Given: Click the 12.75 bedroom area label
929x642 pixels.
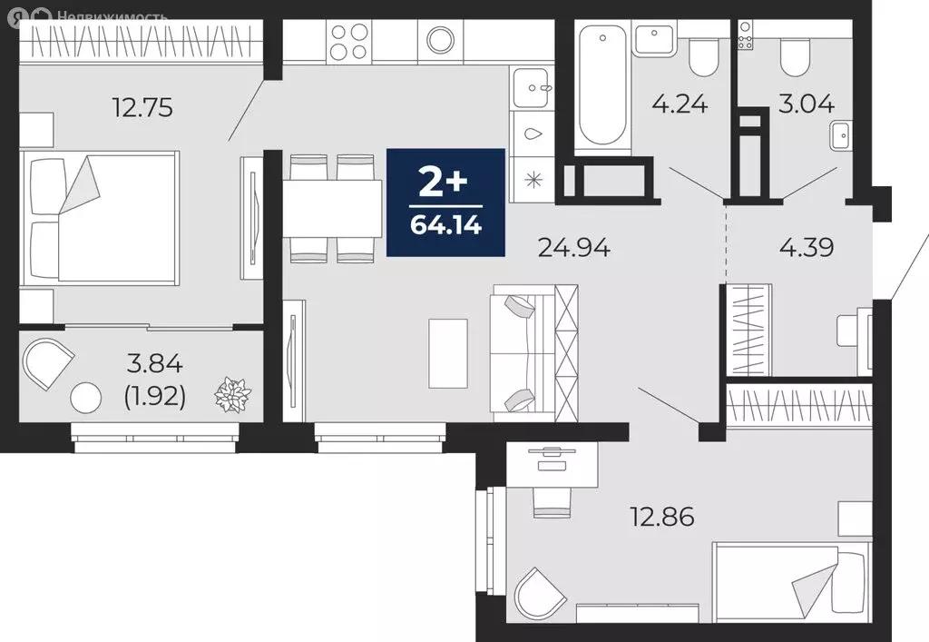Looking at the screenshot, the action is click(142, 108).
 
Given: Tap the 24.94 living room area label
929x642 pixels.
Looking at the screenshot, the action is click(573, 247).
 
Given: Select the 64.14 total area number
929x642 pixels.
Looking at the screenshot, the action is click(445, 225).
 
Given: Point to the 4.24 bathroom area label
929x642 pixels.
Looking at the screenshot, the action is click(680, 104).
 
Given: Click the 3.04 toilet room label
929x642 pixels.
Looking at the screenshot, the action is click(807, 104).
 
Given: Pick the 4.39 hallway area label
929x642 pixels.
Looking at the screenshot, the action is click(807, 247).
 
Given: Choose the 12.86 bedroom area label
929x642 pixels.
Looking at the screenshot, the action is click(661, 517).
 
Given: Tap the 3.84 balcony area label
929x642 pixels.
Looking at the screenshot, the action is click(154, 363).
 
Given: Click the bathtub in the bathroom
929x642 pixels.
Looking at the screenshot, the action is click(602, 84).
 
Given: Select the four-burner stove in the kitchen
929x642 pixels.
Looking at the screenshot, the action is click(349, 42).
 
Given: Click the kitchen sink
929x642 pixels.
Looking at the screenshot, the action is click(532, 88).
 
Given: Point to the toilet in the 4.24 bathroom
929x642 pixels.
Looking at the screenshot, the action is click(703, 57).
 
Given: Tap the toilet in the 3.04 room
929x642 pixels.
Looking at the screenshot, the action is click(795, 57).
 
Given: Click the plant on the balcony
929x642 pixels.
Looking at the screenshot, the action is click(233, 394).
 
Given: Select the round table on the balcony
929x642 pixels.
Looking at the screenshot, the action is click(86, 398).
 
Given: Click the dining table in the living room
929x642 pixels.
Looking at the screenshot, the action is click(332, 209).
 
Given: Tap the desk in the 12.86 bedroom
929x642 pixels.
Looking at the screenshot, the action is click(552, 465).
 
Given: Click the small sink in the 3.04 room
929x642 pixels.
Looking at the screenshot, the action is click(841, 135).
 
